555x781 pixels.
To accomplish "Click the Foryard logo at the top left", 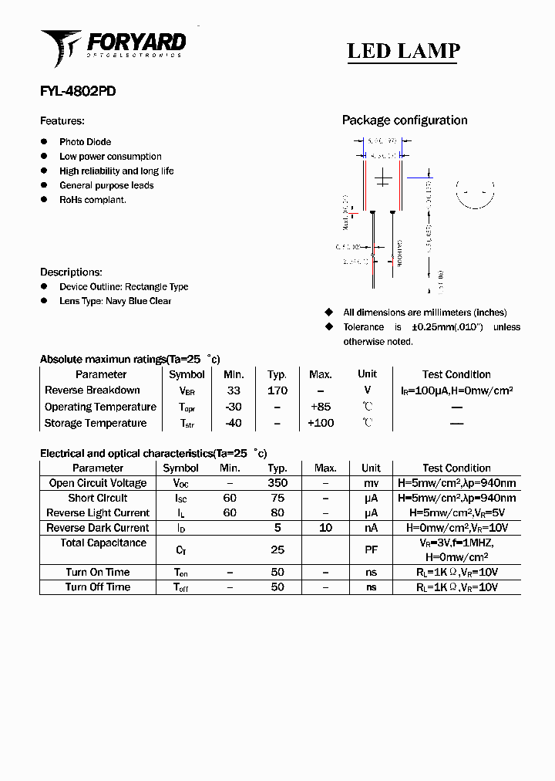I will tap(113, 46).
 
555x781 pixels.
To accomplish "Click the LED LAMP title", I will tap(403, 51).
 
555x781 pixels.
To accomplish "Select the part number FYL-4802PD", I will tap(78, 91).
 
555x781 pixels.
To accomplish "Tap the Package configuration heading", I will tap(404, 120).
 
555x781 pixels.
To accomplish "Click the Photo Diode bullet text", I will tap(85, 142).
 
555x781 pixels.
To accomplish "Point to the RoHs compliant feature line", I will tap(92, 200).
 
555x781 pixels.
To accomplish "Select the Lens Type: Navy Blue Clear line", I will tap(115, 301).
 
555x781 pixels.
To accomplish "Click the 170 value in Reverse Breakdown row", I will tap(277, 390).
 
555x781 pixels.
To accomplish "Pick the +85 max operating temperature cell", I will tap(320, 407).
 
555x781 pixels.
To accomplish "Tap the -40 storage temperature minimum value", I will tap(233, 423).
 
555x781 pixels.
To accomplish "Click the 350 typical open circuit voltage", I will tap(277, 483).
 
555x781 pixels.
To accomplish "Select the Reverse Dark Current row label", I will tap(98, 528).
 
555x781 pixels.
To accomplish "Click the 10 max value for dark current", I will tap(325, 528).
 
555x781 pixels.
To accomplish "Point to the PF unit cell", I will tap(371, 550).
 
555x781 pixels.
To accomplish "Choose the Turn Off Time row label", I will tap(98, 587).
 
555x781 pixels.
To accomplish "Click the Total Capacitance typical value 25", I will tap(277, 550).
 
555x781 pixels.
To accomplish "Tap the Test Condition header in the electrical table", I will tap(456, 468).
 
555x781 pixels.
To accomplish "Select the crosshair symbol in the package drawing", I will tap(383, 180).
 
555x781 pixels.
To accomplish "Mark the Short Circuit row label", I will tap(98, 499).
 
